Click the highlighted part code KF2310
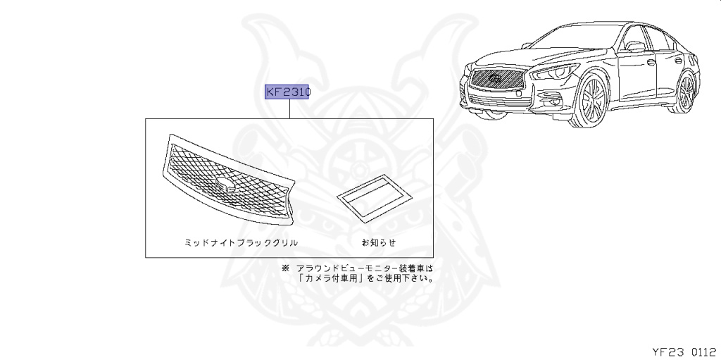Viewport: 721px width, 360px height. (287, 92)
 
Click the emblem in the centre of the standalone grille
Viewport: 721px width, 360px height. (227, 185)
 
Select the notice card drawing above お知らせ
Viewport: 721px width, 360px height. (371, 197)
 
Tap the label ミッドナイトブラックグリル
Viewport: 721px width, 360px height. (241, 242)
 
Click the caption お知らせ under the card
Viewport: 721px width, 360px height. (379, 242)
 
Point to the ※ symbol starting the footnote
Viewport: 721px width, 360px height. (285, 268)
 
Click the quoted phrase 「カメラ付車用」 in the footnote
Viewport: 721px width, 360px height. (330, 278)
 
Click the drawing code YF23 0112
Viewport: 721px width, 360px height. (683, 349)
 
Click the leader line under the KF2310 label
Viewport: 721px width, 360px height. (289, 109)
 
